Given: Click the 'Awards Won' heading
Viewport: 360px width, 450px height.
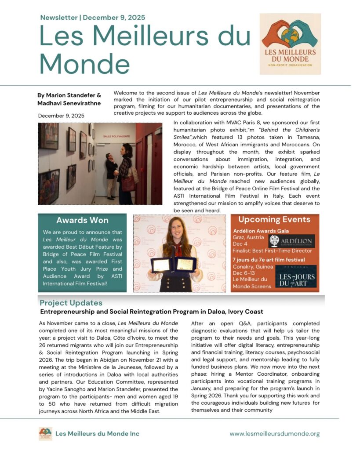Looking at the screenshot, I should click(x=82, y=220).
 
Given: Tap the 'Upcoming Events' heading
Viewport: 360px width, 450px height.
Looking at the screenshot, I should click(x=274, y=219).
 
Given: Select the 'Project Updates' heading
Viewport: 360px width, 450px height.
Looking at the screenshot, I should click(x=71, y=303).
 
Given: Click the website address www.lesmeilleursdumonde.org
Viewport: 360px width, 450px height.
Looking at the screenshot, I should click(x=274, y=433).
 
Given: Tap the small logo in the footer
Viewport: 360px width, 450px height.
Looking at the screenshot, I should click(x=45, y=434).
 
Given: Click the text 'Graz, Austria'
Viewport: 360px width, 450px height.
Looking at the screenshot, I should click(x=248, y=237).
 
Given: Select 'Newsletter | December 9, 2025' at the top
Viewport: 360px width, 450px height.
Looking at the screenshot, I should click(x=92, y=18).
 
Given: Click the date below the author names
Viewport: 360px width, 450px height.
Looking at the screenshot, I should click(x=61, y=116).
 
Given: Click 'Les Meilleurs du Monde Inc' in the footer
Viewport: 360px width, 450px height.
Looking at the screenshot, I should click(x=97, y=434).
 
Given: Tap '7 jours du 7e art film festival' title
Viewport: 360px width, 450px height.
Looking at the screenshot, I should click(x=268, y=260).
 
